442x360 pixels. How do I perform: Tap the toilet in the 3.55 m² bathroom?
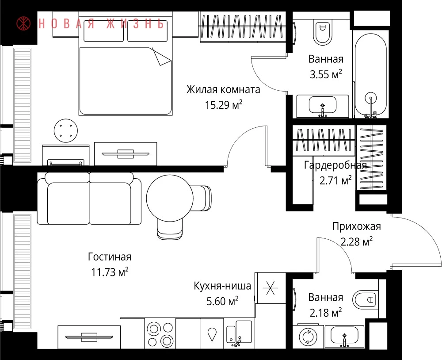[x=322, y=31]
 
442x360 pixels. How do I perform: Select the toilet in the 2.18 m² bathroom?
[x=366, y=299]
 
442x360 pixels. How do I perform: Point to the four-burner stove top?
[x=160, y=334]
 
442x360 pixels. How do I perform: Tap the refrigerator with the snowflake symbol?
[x=270, y=288]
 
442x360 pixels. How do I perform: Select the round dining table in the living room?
[x=170, y=198]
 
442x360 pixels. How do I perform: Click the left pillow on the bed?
[x=103, y=34]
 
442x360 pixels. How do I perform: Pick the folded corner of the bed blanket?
[x=161, y=57]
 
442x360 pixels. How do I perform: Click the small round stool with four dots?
[x=66, y=130]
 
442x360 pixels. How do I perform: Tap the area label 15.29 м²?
[x=224, y=105]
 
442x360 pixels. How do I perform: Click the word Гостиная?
[x=110, y=257]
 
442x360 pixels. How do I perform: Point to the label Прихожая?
[x=357, y=226]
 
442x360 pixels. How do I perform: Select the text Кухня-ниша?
[x=222, y=286]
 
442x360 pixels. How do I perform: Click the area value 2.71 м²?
[x=335, y=180]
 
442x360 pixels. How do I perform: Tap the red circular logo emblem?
[x=24, y=23]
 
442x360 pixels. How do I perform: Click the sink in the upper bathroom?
[x=323, y=106]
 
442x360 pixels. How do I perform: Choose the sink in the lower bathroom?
[x=344, y=336]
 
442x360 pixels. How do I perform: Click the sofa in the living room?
[x=89, y=198]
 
